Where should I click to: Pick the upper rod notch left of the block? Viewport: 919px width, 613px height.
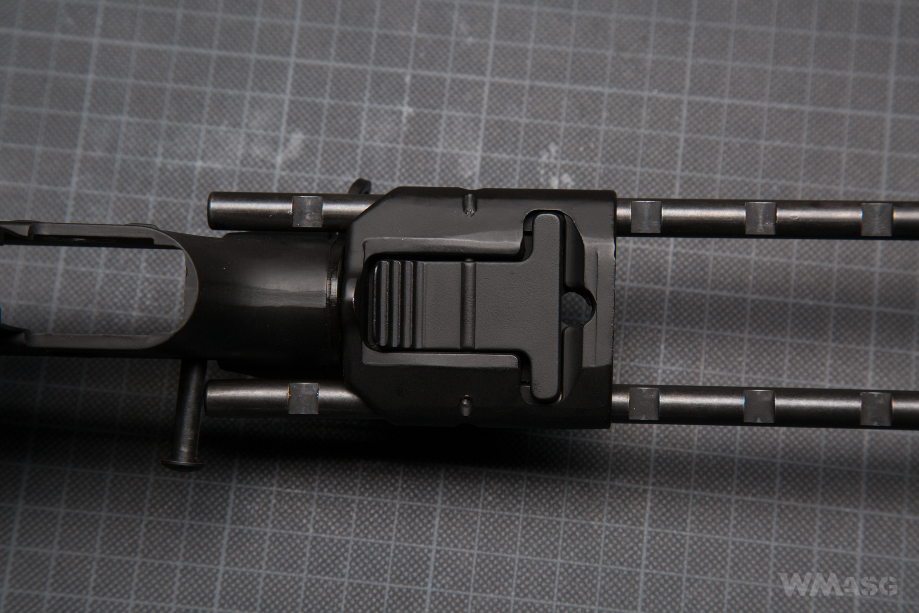click(x=307, y=211)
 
